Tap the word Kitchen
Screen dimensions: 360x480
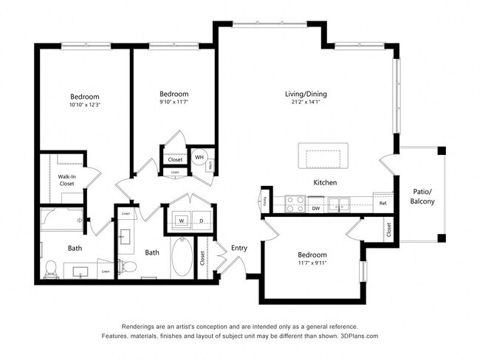pos(325,182)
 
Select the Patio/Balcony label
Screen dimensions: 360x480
pos(422,196)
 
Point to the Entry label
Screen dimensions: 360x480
pos(239,248)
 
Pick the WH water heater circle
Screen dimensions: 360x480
pos(199,157)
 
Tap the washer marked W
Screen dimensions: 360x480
pos(181,219)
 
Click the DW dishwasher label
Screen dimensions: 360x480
pos(315,209)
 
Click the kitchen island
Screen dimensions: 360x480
pos(321,156)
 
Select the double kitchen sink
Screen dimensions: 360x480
pos(340,202)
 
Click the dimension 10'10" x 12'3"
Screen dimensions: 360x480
pos(84,105)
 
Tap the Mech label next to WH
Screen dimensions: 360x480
pos(211,165)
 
